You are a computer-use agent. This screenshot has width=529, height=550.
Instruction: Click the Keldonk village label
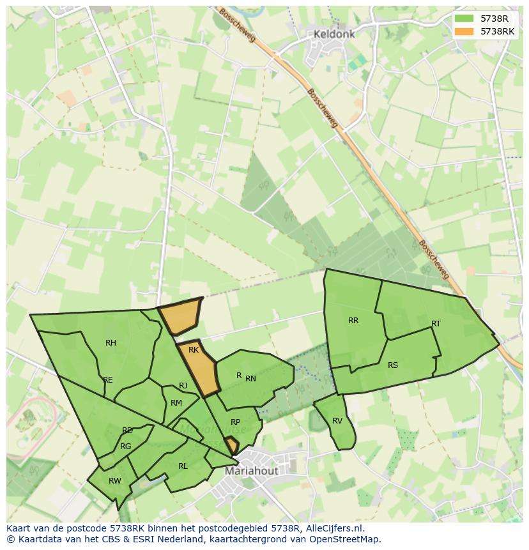click(x=333, y=34)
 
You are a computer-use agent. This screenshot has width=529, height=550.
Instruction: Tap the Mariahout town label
click(x=252, y=471)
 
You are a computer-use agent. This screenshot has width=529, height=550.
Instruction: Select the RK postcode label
click(x=194, y=350)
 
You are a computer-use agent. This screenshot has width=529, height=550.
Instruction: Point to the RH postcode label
click(x=111, y=343)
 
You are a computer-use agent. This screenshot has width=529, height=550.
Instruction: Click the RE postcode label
click(x=108, y=380)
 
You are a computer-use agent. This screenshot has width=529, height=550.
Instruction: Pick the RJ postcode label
click(x=183, y=386)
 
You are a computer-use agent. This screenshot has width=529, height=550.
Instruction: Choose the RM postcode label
click(x=176, y=403)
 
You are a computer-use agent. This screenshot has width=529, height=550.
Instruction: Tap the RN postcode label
click(x=250, y=379)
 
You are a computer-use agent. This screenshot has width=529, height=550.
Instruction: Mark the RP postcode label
click(x=236, y=422)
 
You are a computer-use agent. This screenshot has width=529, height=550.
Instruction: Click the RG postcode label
click(x=125, y=447)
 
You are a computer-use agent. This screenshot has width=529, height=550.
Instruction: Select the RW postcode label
click(x=115, y=481)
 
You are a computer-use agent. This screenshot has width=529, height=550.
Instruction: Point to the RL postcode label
click(x=183, y=466)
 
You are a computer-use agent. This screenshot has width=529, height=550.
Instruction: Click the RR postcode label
click(x=353, y=321)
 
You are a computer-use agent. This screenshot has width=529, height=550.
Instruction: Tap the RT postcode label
click(x=436, y=324)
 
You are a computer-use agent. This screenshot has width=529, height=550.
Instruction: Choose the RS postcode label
click(x=393, y=365)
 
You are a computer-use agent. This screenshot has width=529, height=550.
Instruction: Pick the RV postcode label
click(x=337, y=421)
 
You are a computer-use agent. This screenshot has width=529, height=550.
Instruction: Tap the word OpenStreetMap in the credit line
click(x=347, y=539)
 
